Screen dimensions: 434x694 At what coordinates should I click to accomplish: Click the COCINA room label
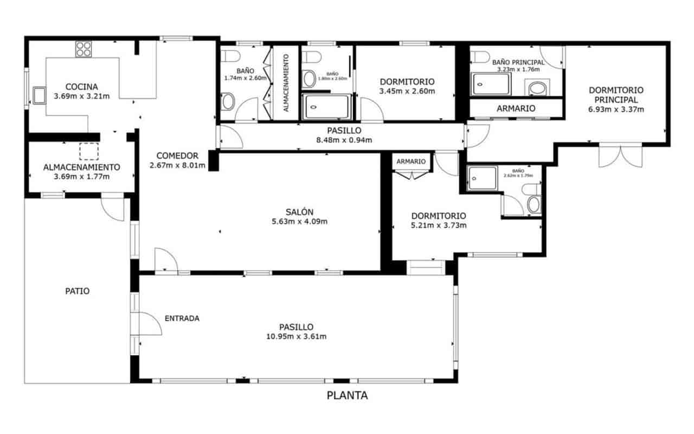[x=81, y=87]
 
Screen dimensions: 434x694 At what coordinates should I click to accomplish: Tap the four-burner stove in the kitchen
[x=83, y=49]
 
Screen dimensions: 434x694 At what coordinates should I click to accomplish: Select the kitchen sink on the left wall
[x=40, y=95]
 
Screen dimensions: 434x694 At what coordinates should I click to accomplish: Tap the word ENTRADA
[x=182, y=318]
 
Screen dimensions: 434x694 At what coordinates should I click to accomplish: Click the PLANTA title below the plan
[x=347, y=396]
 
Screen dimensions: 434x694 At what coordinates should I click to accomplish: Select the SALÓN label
[x=300, y=212]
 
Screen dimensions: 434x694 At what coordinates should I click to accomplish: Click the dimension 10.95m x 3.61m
[x=296, y=336]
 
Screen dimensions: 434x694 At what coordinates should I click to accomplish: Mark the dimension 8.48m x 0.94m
[x=344, y=140]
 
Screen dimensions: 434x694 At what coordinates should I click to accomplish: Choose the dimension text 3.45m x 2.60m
[x=407, y=91]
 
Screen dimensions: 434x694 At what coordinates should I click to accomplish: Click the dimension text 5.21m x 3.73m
[x=438, y=225]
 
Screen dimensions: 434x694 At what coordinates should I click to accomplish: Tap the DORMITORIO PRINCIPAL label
[x=616, y=95]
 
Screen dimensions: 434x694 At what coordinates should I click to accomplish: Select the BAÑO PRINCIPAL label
[x=518, y=62]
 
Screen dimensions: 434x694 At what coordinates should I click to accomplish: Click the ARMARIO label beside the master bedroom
[x=516, y=108]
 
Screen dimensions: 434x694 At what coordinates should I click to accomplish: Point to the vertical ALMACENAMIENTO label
[x=286, y=83]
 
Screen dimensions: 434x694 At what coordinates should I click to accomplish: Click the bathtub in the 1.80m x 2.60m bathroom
[x=326, y=107]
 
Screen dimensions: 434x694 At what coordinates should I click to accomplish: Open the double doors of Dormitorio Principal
[x=620, y=156]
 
